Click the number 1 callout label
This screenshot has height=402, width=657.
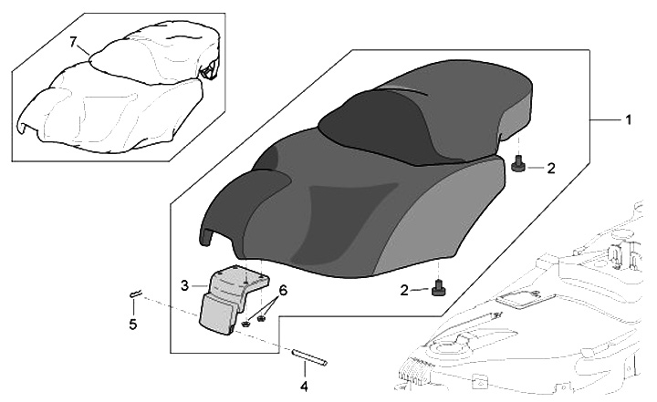(627, 119)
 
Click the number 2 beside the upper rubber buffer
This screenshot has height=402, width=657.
(550, 168)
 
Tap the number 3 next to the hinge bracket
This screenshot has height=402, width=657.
(184, 285)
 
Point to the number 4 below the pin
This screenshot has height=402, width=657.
(305, 385)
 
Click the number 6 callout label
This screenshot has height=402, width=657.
(284, 290)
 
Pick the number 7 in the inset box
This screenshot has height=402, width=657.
(74, 42)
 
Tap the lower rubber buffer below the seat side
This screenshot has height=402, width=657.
(439, 289)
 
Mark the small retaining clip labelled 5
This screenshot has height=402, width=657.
(135, 293)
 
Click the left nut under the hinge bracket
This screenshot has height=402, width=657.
(246, 323)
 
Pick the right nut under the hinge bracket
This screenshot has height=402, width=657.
(263, 315)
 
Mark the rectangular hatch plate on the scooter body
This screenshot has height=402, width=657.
(525, 296)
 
